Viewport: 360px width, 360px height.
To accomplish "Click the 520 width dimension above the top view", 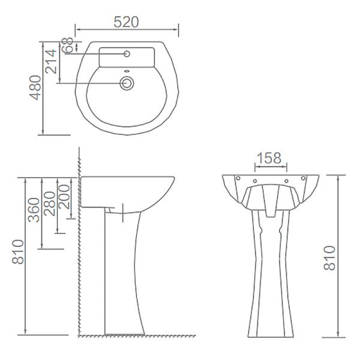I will pyautogui.click(x=127, y=22).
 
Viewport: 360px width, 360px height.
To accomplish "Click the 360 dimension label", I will pyautogui.click(x=34, y=209).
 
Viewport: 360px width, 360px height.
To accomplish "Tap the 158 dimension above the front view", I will pyautogui.click(x=268, y=158).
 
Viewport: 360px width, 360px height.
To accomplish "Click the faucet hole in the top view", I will pyautogui.click(x=127, y=55).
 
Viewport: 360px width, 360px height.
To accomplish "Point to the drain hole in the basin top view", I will pyautogui.click(x=127, y=83).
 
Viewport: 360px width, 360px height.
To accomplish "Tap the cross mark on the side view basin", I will pyautogui.click(x=122, y=211).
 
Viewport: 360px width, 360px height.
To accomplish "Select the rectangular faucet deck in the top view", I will pyautogui.click(x=127, y=58).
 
